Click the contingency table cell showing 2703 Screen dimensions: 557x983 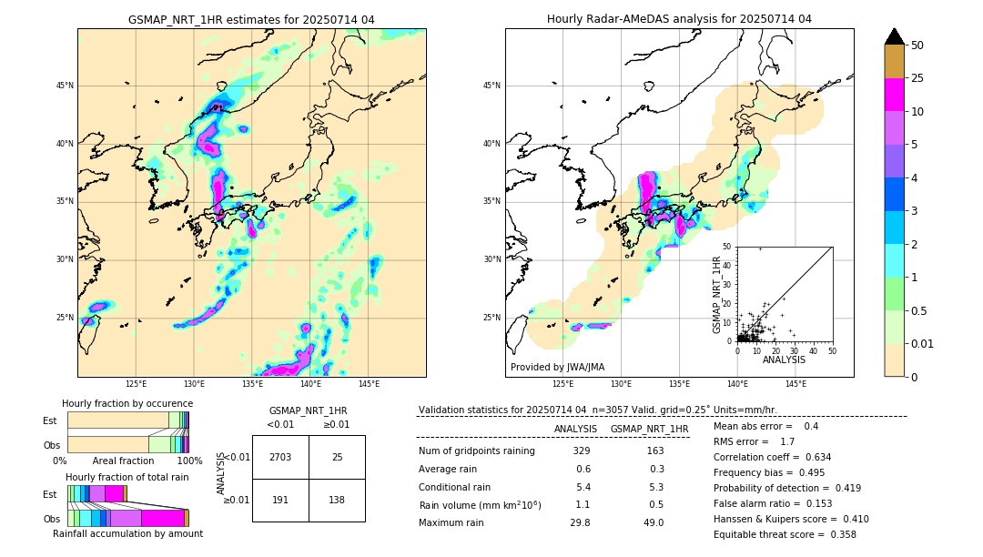click(x=280, y=457)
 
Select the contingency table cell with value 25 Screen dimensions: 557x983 click(x=337, y=457)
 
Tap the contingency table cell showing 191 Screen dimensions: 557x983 click(x=280, y=501)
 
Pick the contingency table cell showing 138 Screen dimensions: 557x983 click(x=337, y=501)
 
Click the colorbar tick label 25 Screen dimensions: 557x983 click(x=917, y=79)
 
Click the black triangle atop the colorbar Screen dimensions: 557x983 click(x=895, y=36)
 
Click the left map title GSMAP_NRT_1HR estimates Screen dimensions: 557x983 click(x=251, y=19)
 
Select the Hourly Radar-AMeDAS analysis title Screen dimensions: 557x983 click(x=679, y=19)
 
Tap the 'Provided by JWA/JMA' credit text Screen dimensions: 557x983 click(x=557, y=367)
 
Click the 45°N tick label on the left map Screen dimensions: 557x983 click(x=65, y=86)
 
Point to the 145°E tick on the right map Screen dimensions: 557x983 click(x=796, y=384)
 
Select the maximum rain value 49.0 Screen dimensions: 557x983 click(x=654, y=522)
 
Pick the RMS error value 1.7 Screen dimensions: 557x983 click(x=787, y=441)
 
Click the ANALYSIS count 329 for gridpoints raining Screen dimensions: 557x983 click(x=582, y=451)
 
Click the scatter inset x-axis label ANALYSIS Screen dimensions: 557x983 click(x=784, y=360)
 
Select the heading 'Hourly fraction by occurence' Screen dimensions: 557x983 click(x=127, y=403)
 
